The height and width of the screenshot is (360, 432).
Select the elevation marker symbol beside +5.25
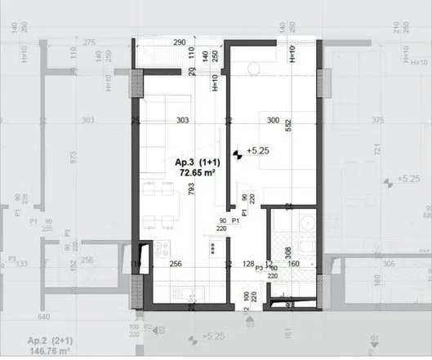coord(238,152)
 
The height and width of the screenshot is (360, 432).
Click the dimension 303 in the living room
coord(182,121)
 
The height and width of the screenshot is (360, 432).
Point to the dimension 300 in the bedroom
coord(274,121)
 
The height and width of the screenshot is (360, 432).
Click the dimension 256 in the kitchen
coord(175,264)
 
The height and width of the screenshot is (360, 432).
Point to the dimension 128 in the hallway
coord(249,264)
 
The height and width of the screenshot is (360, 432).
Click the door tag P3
coord(260,267)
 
